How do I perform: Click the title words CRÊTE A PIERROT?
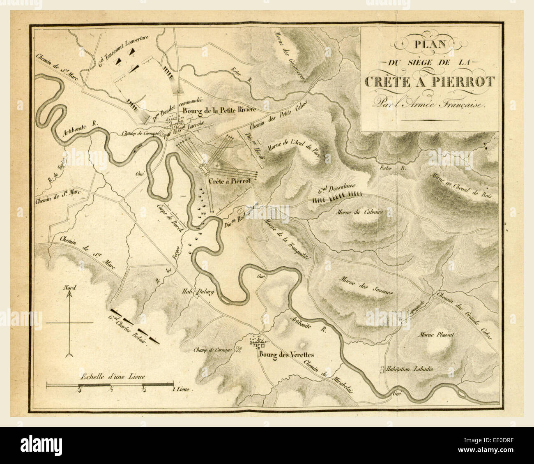[430, 81]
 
